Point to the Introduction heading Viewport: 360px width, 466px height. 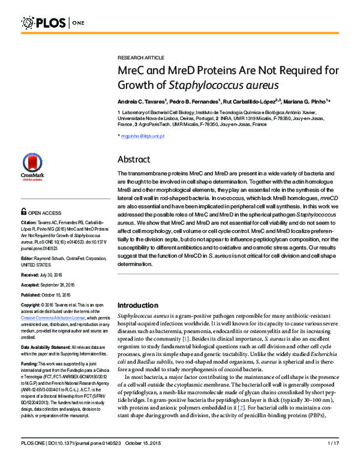[142, 305]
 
